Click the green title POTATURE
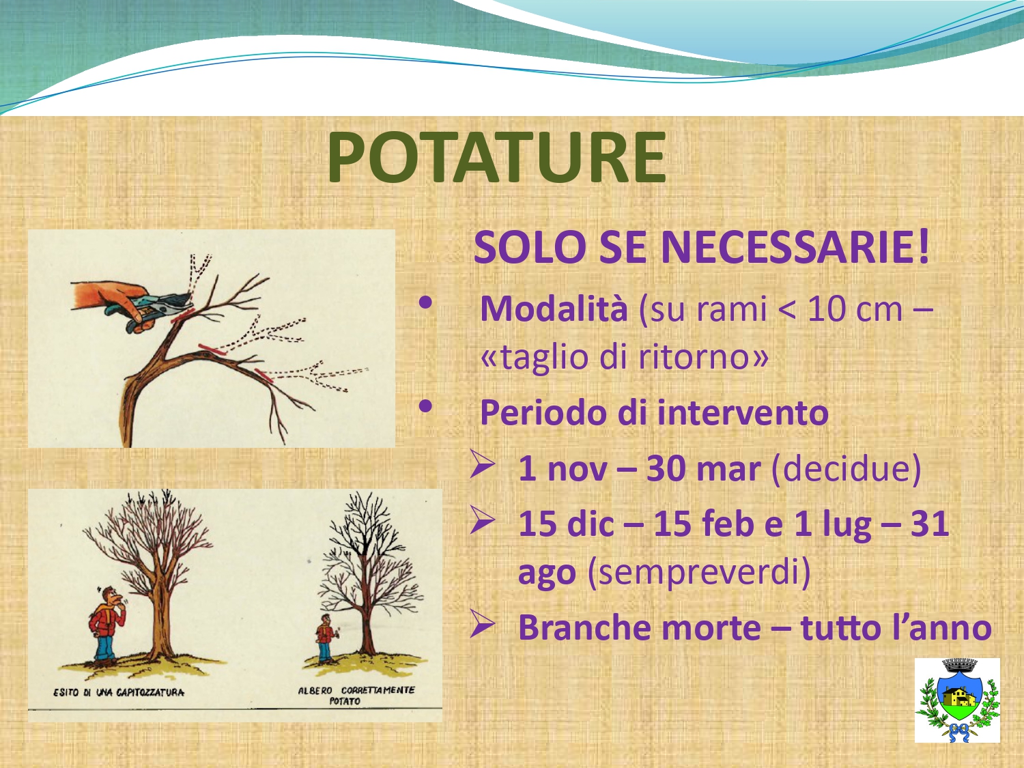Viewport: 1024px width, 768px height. coord(496,158)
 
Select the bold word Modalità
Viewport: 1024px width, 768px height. coord(554,309)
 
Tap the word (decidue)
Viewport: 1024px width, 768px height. coord(847,468)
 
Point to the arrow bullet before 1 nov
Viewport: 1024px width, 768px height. coord(483,464)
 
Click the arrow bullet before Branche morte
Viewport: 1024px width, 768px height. coord(483,623)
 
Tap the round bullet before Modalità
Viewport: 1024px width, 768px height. coord(425,303)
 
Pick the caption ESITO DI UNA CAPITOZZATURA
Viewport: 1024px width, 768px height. coord(119,692)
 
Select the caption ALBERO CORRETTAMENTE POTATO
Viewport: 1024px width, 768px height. coord(356,695)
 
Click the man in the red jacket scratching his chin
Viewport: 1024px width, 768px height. coord(107,624)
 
